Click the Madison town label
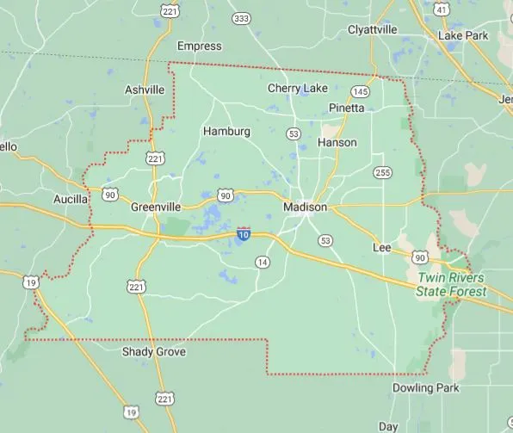tap(305, 207)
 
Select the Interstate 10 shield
tap(244, 234)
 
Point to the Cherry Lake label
tap(298, 88)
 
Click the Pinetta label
tap(347, 108)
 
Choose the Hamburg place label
tap(226, 132)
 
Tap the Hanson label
tap(337, 142)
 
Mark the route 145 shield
tap(361, 91)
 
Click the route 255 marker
tap(382, 173)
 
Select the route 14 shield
tap(263, 262)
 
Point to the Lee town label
tap(381, 247)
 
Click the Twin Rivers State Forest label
tap(451, 285)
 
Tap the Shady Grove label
tap(154, 352)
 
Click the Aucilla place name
tap(71, 199)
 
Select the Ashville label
tap(144, 90)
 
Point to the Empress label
tap(199, 46)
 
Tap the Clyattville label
tap(373, 29)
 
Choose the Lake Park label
tap(463, 36)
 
